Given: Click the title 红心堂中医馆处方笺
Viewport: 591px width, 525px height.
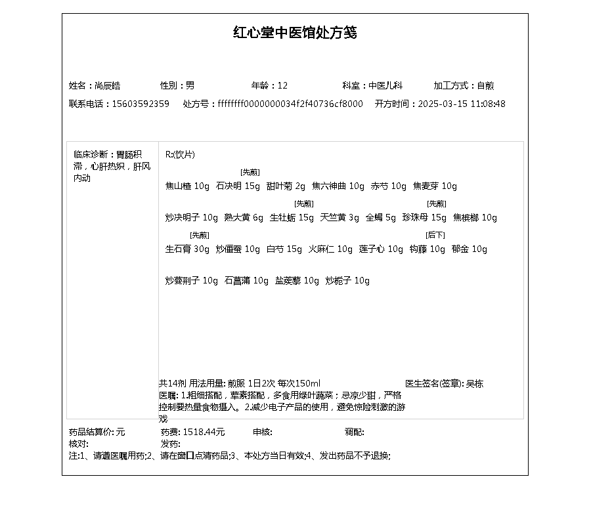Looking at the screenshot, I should (295, 33).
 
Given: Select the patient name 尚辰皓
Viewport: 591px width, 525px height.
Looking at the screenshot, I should (108, 85).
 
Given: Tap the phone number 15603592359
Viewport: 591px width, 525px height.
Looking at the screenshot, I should (141, 104).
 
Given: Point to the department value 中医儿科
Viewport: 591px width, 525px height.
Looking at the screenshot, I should (385, 85).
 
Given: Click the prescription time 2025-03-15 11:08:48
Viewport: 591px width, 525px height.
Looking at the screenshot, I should (462, 104).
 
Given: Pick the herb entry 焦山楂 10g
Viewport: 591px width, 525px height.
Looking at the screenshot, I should (187, 186).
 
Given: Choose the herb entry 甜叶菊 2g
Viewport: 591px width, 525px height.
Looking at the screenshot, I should (286, 186).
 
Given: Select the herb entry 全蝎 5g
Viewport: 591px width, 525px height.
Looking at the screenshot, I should (381, 218).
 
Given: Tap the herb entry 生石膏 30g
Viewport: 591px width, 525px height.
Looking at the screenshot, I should (187, 249).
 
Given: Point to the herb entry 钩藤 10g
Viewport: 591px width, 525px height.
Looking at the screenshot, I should (427, 249).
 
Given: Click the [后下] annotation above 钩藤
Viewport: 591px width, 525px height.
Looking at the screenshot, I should (435, 235).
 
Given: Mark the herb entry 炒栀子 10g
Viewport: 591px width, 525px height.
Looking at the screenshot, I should (347, 281).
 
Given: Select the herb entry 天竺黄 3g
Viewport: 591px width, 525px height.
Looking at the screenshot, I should (339, 218).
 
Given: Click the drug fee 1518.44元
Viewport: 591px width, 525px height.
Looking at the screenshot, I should (204, 432).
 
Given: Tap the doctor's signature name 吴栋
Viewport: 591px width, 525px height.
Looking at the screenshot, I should (475, 383).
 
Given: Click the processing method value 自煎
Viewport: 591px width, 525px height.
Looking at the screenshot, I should (485, 85).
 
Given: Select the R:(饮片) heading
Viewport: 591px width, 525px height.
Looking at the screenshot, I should (180, 155).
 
